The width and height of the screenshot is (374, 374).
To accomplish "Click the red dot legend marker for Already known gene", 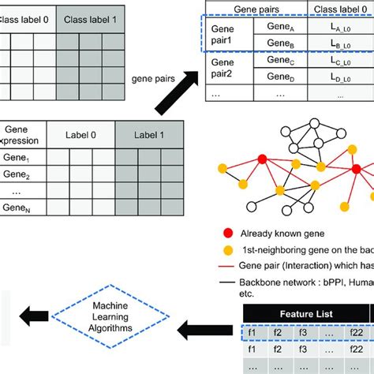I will [x=228, y=234].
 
